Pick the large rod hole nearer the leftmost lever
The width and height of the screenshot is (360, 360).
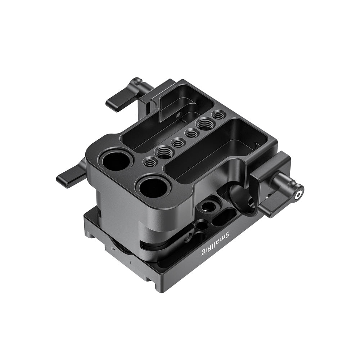pos(116,161)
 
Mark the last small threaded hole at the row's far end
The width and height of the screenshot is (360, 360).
pos(219,116)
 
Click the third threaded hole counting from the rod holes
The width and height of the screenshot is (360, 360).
pos(178,143)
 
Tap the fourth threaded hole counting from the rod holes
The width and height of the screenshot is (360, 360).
pos(192,134)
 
